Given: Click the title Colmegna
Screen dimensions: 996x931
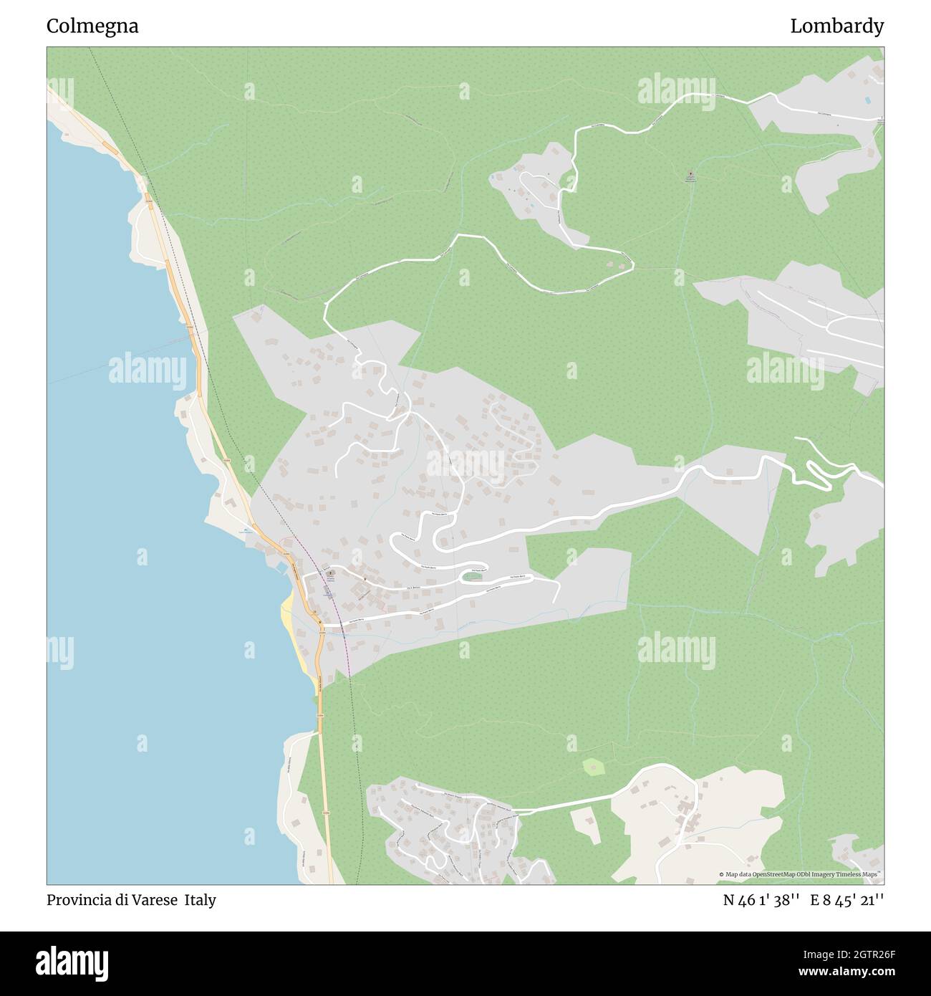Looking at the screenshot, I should click(x=92, y=27).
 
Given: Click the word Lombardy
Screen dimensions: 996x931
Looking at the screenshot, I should click(x=836, y=27).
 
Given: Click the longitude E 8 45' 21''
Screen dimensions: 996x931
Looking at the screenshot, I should click(x=846, y=900).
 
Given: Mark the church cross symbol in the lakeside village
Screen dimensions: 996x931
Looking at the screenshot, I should click(x=329, y=574).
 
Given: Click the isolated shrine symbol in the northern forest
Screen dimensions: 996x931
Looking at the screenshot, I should click(x=690, y=174).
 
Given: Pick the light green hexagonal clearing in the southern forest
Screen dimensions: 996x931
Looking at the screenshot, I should click(x=593, y=767).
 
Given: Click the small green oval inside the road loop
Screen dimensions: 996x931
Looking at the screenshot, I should click(x=471, y=576).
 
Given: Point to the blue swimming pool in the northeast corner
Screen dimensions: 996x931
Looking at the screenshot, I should click(x=868, y=100).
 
